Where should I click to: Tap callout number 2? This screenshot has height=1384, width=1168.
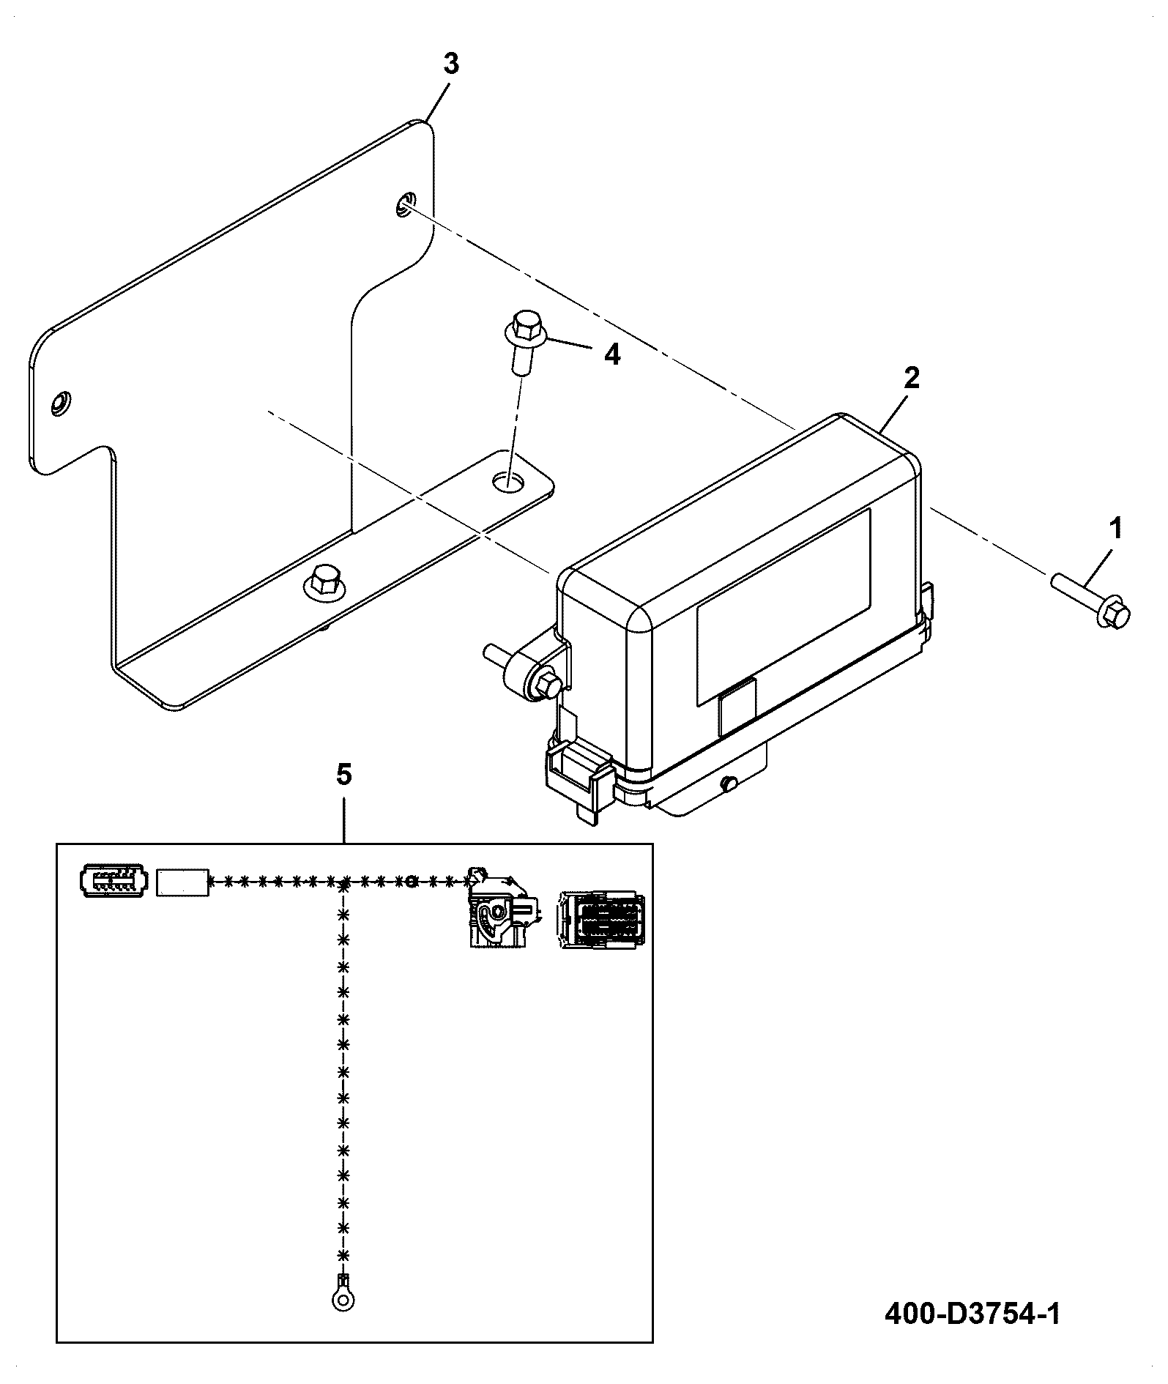(911, 378)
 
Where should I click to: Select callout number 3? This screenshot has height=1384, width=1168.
(451, 64)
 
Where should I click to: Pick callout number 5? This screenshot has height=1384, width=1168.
(344, 774)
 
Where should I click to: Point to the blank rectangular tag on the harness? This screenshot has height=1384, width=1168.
(182, 881)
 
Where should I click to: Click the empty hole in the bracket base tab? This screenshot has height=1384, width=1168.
(510, 481)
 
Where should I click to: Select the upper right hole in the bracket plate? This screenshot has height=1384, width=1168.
(405, 204)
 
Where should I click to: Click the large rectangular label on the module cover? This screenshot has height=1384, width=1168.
(784, 607)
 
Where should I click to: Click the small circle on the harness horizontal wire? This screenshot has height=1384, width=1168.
(412, 880)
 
